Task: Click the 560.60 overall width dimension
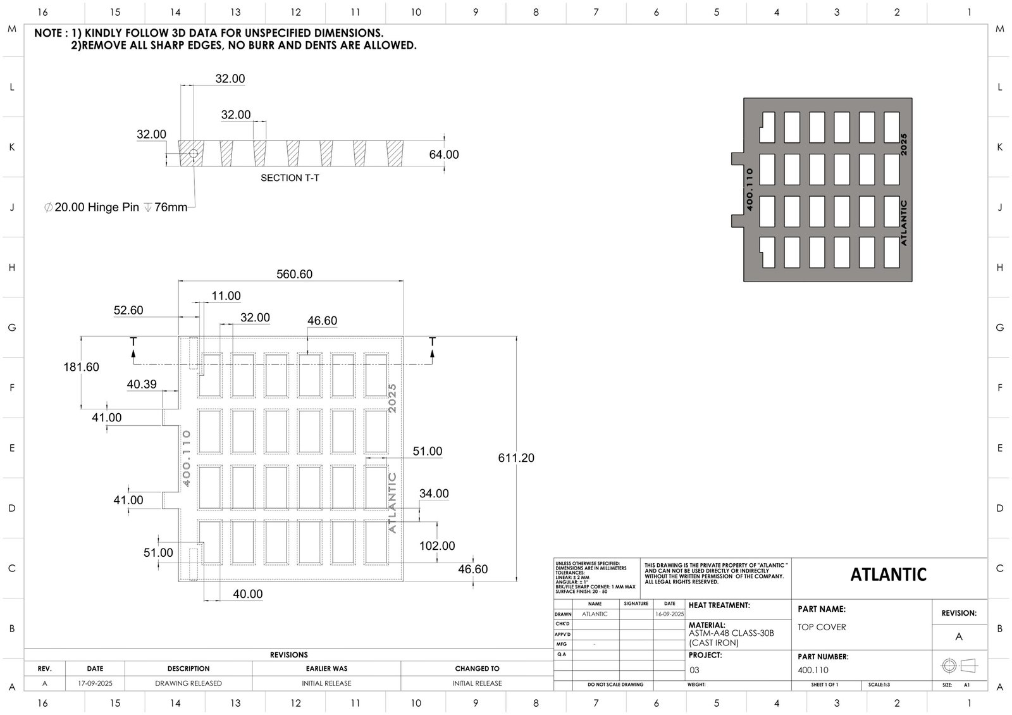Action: (294, 274)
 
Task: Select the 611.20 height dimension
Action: (515, 457)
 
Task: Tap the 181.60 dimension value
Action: (81, 367)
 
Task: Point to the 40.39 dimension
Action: (142, 384)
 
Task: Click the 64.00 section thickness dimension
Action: (444, 154)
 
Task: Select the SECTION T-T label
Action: (290, 178)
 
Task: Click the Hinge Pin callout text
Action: (117, 207)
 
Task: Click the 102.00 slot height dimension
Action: (437, 545)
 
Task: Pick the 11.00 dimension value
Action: (226, 295)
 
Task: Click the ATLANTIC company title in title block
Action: (888, 575)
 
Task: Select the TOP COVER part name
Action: (822, 627)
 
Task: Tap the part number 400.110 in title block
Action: (813, 670)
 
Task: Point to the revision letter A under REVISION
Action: (959, 637)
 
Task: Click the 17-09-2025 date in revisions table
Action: (95, 683)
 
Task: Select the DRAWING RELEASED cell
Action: (188, 683)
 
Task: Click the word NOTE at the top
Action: (47, 33)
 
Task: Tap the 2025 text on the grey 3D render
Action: (904, 144)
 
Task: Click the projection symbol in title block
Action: (959, 666)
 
